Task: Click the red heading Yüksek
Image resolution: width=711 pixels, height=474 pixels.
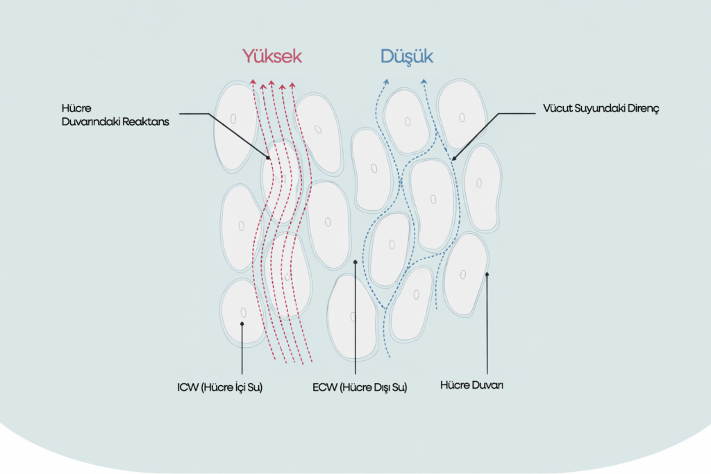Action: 272,56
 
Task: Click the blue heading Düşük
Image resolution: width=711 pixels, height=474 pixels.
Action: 407,56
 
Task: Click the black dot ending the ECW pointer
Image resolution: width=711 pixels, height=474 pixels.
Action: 355,262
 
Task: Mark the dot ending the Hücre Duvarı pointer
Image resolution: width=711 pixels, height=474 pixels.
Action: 487,274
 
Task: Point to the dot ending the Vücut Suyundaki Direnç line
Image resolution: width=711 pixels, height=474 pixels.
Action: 453,158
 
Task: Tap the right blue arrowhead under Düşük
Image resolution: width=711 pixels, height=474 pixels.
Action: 423,81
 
